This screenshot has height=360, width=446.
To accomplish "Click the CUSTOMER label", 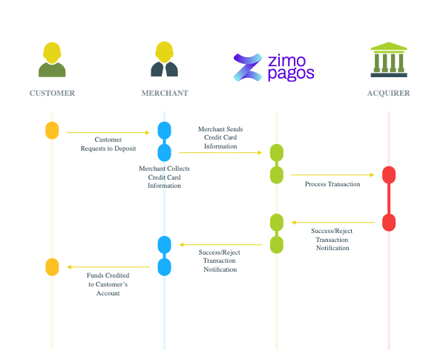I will (52, 94).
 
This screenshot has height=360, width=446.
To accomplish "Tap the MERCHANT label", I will (165, 94).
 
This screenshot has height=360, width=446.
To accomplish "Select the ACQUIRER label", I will (389, 94).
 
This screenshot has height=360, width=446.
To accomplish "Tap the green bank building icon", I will (389, 59).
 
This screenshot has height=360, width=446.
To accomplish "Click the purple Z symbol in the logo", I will (247, 67).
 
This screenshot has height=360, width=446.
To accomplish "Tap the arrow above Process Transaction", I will (332, 175).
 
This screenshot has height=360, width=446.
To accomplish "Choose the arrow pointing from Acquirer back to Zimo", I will (332, 222).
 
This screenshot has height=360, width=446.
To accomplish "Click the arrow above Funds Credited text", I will (108, 266).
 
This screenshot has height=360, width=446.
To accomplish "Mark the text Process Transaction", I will (332, 184).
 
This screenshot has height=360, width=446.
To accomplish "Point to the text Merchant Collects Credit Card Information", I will (164, 177).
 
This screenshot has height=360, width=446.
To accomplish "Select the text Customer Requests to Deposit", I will (108, 144).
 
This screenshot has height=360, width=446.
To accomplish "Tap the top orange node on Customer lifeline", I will (52, 130).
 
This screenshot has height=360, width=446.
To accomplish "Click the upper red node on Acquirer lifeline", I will (389, 175).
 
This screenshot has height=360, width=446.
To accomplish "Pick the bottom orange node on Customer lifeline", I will (52, 266).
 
